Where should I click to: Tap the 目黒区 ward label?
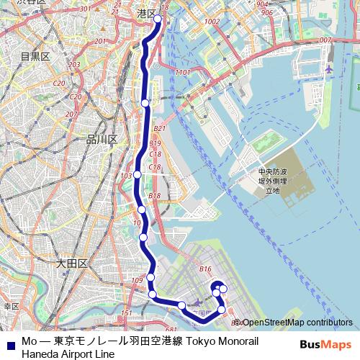coord(34,56)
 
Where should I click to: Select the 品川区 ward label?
coord(101,139)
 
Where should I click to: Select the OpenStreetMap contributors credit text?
coord(297,323)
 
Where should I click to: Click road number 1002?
coord(212,22)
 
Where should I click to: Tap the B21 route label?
coord(160,128)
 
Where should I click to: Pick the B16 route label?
coord(206,269)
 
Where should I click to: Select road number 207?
coord(71,114)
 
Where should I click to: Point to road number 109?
coord(138,280)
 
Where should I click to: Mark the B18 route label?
coord(154,196)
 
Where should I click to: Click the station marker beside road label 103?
coord(137,174)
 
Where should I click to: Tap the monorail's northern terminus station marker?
coord(158,20)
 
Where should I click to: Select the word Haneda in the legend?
coord(41,354)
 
